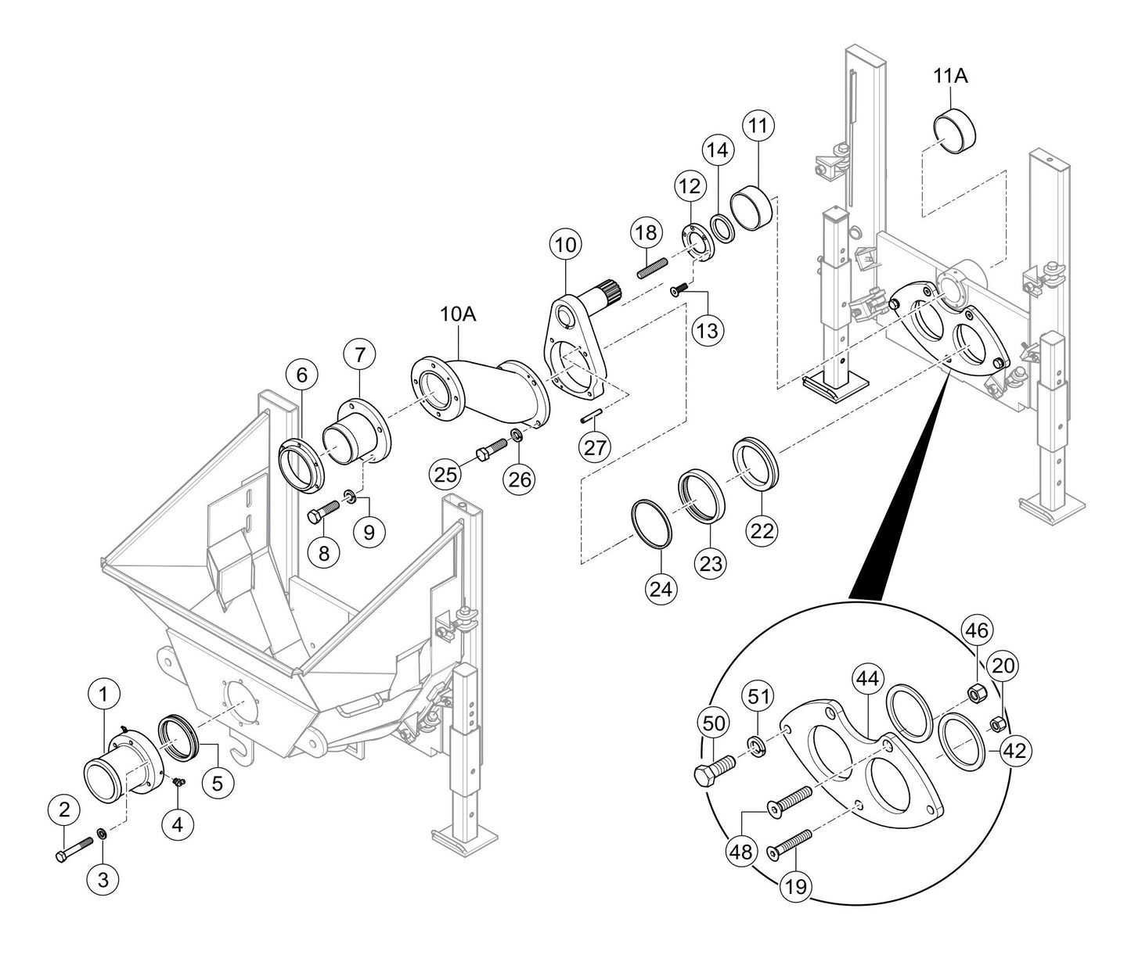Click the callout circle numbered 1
coord(103,692)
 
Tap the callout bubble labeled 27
coord(595,447)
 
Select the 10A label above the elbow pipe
coord(459,314)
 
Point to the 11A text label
coord(951,76)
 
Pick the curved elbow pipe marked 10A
coord(477,391)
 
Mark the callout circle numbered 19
coord(798,887)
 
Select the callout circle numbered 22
coord(762,531)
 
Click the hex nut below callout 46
coord(975,692)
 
